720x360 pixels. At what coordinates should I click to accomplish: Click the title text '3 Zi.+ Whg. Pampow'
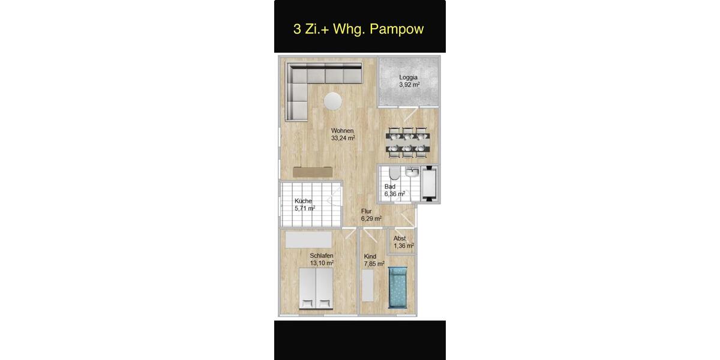pyautogui.click(x=359, y=29)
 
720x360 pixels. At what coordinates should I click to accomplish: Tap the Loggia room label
pyautogui.click(x=409, y=77)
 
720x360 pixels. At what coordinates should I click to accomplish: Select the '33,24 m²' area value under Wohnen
pyautogui.click(x=343, y=138)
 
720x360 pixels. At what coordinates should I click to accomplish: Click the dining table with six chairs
pyautogui.click(x=407, y=143)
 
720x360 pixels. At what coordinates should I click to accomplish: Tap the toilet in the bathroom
pyautogui.click(x=392, y=175)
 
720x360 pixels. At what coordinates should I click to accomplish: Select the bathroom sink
pyautogui.click(x=411, y=173)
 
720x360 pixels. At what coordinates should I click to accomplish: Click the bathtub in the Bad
pyautogui.click(x=430, y=184)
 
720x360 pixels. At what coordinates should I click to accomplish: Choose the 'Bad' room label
pyautogui.click(x=390, y=187)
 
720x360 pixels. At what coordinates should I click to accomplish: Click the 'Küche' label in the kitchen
pyautogui.click(x=303, y=201)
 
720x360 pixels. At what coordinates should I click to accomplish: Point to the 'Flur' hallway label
pyautogui.click(x=367, y=211)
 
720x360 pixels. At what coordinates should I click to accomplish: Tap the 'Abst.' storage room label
pyautogui.click(x=400, y=238)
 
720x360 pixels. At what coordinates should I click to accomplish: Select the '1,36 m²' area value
pyautogui.click(x=404, y=245)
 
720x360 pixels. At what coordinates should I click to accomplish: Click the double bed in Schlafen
pyautogui.click(x=316, y=289)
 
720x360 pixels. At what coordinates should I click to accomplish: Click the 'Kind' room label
pyautogui.click(x=370, y=256)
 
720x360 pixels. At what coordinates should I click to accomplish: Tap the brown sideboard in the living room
pyautogui.click(x=313, y=172)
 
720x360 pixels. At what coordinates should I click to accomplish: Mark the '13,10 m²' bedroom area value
pyautogui.click(x=322, y=263)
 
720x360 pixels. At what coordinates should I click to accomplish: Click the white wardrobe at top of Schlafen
pyautogui.click(x=308, y=239)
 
